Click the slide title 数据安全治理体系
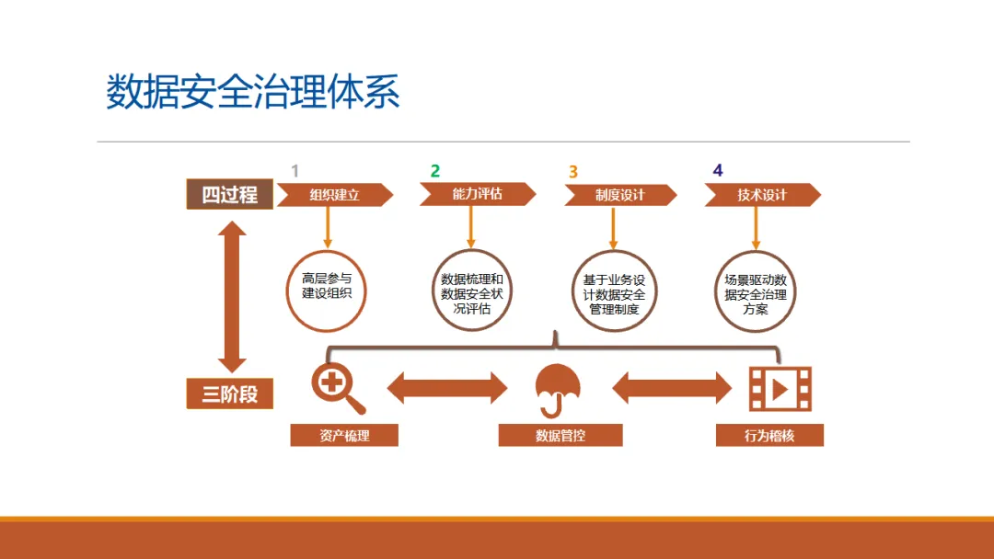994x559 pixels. pyautogui.click(x=253, y=93)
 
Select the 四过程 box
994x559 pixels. pyautogui.click(x=230, y=195)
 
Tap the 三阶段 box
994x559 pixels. pyautogui.click(x=230, y=394)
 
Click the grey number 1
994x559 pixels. pyautogui.click(x=295, y=171)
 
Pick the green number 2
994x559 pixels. pyautogui.click(x=435, y=171)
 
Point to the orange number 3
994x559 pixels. pyautogui.click(x=573, y=172)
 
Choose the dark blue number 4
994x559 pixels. pyautogui.click(x=718, y=171)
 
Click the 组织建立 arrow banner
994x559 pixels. pyautogui.click(x=334, y=195)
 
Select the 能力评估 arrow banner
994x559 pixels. pyautogui.click(x=477, y=194)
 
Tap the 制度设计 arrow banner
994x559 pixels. pyautogui.click(x=619, y=195)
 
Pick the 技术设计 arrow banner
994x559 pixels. pyautogui.click(x=762, y=195)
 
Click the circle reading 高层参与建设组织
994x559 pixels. pyautogui.click(x=327, y=291)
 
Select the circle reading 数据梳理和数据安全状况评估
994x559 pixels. pyautogui.click(x=472, y=291)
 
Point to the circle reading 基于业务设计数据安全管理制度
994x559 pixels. pyautogui.click(x=615, y=291)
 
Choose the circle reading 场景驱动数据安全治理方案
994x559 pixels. pyautogui.click(x=756, y=291)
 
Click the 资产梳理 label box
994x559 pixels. pyautogui.click(x=344, y=436)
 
